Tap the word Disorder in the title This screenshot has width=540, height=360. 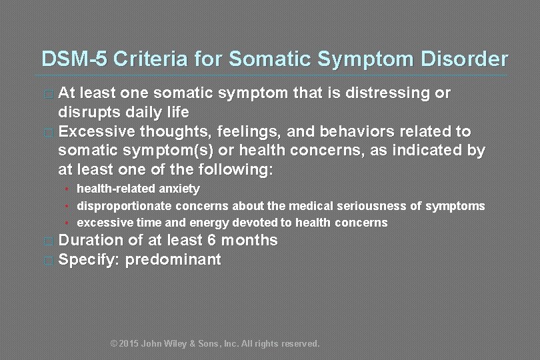coord(464,59)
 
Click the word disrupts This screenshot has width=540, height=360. coord(87,111)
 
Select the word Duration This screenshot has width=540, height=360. coord(92,241)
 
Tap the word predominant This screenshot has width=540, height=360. coord(173,260)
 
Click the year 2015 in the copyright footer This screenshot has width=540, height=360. coord(129,344)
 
